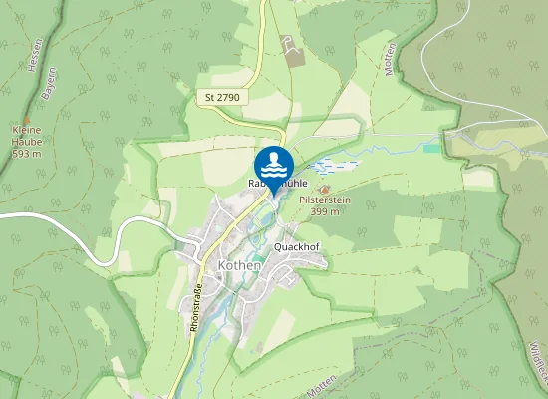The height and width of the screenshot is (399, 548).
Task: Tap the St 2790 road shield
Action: pos(222,98)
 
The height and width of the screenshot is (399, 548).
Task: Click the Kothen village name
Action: pos(239,265)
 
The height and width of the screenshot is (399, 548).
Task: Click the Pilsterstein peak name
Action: pos(324,200)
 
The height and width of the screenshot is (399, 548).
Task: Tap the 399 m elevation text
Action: pos(324,211)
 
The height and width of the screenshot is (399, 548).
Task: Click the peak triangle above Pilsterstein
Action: pos(322,189)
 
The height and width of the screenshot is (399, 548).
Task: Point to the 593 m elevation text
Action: pos(27,155)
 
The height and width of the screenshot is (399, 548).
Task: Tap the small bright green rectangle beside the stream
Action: pos(430,149)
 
